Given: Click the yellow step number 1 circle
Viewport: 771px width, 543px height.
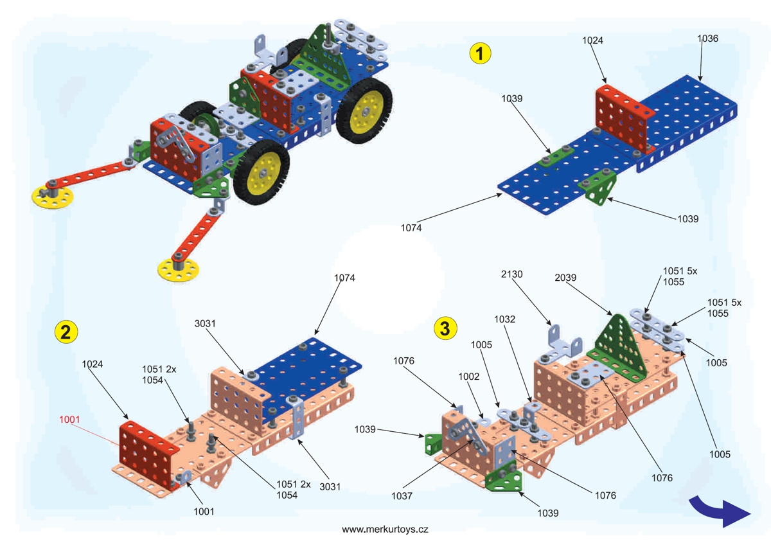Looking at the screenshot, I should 480,53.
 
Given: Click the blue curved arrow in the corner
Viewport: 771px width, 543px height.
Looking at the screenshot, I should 719,510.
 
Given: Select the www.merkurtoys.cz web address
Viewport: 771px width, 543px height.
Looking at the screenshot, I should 385,530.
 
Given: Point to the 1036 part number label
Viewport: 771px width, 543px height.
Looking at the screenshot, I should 707,39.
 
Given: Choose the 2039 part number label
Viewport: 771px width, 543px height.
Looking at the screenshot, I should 566,278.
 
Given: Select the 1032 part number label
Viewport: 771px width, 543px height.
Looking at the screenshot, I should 504,319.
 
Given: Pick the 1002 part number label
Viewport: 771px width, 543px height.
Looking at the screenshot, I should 469,377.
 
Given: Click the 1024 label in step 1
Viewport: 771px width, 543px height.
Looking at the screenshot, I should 592,40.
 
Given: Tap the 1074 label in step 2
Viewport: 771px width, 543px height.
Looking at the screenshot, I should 344,278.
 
